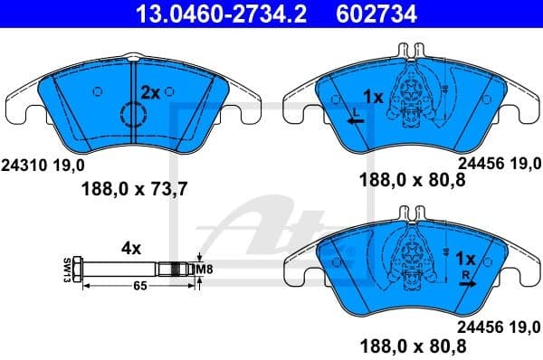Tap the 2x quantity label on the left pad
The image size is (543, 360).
(x=150, y=91)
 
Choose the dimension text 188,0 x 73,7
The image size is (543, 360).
(x=136, y=190)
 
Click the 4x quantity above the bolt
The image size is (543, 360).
(x=130, y=246)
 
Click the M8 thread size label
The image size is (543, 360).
(x=208, y=269)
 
